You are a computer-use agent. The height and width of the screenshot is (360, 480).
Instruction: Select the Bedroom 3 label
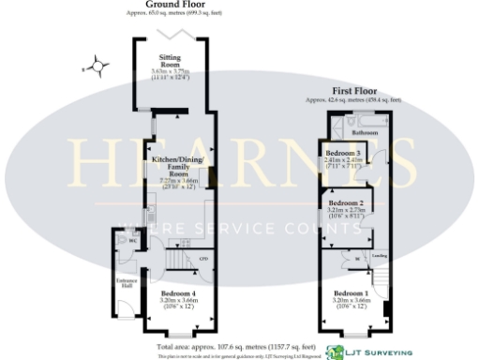tap(343, 153)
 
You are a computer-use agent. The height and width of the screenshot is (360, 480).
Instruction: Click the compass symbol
tap(94, 67)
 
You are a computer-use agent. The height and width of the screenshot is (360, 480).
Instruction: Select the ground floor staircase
tap(178, 259)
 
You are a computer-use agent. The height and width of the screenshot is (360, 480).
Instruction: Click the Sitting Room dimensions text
tap(171, 73)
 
